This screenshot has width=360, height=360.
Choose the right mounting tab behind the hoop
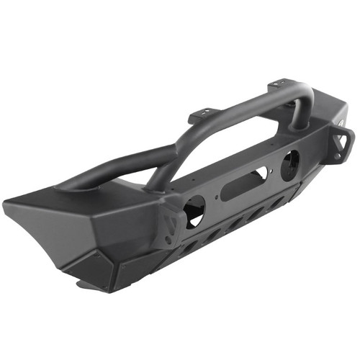coord(282,88)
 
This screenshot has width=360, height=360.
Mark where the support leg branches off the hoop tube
coord(173,152)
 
